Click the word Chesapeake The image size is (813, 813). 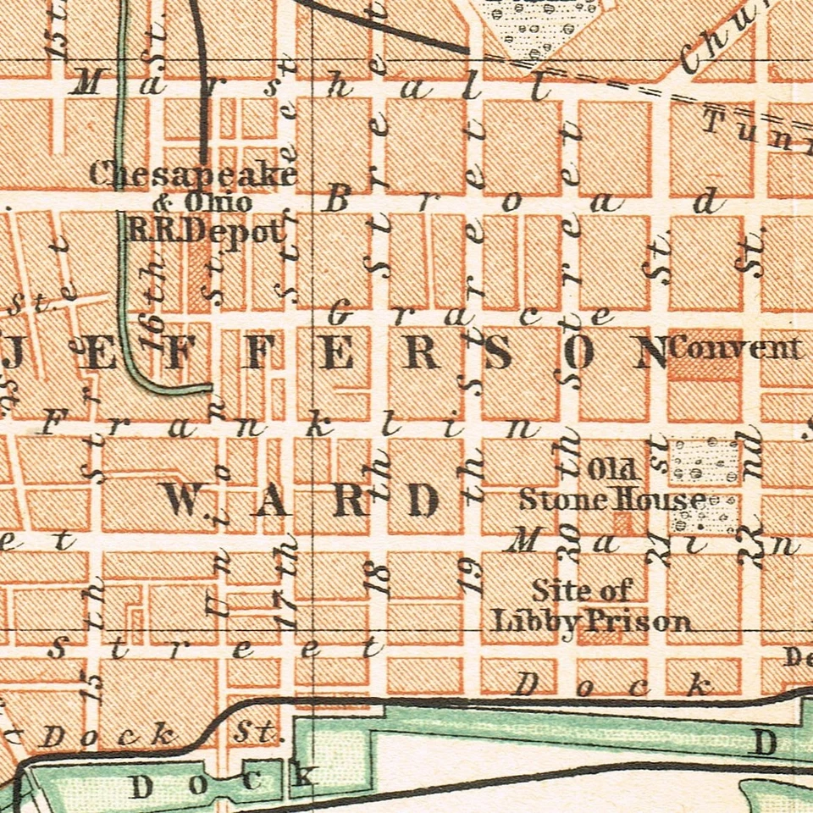pyautogui.click(x=193, y=174)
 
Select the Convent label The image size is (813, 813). pyautogui.click(x=735, y=348)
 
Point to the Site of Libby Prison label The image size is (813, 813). pyautogui.click(x=590, y=606)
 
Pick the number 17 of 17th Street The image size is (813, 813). pyautogui.click(x=288, y=613)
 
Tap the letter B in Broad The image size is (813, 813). pyautogui.click(x=338, y=201)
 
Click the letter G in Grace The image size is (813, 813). pyautogui.click(x=339, y=314)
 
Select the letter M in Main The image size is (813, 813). pyautogui.click(x=522, y=539)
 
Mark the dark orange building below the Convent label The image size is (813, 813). pyautogui.click(x=703, y=370)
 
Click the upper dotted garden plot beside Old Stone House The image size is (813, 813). pyautogui.click(x=703, y=460)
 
